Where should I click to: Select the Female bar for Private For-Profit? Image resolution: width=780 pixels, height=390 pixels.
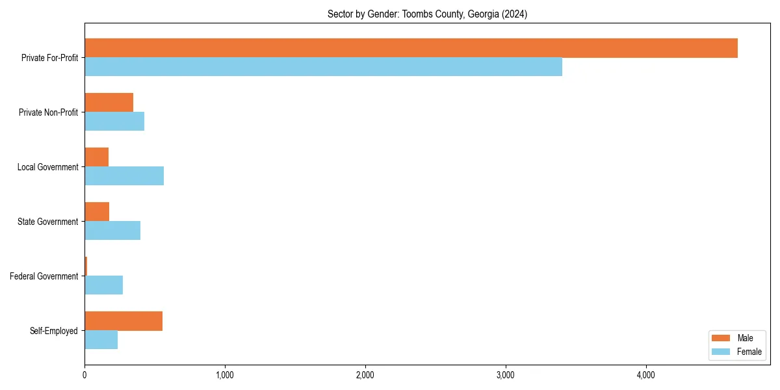pyautogui.click(x=323, y=67)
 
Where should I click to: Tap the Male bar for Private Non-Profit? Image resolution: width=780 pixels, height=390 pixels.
pyautogui.click(x=109, y=103)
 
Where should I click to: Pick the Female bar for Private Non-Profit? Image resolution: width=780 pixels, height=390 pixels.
pyautogui.click(x=114, y=122)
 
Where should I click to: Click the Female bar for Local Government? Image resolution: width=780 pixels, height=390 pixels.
pyautogui.click(x=124, y=176)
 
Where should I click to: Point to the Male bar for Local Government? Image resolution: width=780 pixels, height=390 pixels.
pyautogui.click(x=96, y=157)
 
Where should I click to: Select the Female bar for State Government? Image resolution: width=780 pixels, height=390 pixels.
pyautogui.click(x=112, y=231)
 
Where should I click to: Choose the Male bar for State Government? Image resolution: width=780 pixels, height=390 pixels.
pyautogui.click(x=97, y=212)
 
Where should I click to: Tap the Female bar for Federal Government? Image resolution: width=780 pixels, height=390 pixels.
pyautogui.click(x=103, y=285)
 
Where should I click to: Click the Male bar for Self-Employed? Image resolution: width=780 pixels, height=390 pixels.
pyautogui.click(x=123, y=321)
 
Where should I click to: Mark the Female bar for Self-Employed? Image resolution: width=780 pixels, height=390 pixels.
pyautogui.click(x=101, y=340)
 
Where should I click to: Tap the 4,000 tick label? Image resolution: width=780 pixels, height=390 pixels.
pyautogui.click(x=645, y=375)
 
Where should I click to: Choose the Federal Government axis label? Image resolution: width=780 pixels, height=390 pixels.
pyautogui.click(x=44, y=276)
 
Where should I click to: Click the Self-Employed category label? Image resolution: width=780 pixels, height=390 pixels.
pyautogui.click(x=54, y=331)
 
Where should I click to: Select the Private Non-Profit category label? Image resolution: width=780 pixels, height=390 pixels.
pyautogui.click(x=49, y=112)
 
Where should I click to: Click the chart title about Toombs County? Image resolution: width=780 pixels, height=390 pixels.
pyautogui.click(x=427, y=14)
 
